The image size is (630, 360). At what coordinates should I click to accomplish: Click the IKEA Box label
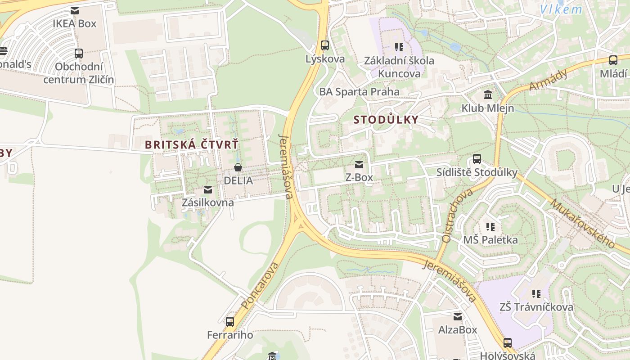click(75, 23)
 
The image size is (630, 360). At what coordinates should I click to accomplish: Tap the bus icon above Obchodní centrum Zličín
click(79, 54)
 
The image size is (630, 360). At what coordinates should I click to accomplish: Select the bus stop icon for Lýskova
click(325, 45)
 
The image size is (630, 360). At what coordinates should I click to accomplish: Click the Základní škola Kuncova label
click(399, 67)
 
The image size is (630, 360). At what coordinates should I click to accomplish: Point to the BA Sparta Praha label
click(359, 92)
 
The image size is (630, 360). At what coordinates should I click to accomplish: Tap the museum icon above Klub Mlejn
click(488, 95)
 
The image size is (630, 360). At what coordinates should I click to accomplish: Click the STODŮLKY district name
click(386, 120)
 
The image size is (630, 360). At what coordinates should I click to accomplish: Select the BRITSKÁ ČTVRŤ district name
click(192, 145)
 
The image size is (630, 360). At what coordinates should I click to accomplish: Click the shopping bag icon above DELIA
click(238, 168)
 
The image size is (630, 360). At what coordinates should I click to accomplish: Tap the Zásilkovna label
click(207, 202)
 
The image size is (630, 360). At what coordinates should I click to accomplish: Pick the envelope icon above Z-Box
click(359, 165)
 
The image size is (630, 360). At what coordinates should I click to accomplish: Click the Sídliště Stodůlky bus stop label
click(477, 172)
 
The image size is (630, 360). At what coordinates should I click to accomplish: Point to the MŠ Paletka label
click(490, 240)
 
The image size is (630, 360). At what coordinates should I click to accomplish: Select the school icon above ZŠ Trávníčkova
click(536, 294)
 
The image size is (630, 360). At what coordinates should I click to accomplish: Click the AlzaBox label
click(458, 330)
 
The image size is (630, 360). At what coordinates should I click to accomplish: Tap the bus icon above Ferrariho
click(230, 322)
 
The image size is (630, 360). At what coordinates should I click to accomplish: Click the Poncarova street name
click(260, 286)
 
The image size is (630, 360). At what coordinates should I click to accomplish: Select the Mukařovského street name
click(582, 224)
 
